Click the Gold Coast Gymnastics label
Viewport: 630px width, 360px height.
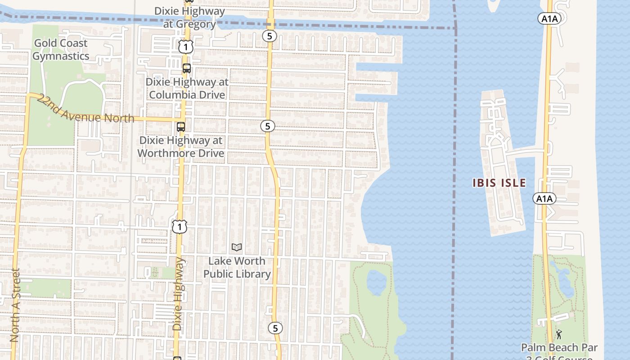point(60,49)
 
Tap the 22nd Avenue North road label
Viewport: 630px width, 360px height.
point(85,109)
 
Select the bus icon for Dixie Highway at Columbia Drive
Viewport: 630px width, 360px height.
point(186,68)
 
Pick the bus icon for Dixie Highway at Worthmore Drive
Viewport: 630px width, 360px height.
point(181,127)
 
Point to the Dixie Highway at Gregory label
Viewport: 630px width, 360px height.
point(189,17)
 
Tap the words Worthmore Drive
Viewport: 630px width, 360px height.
point(180,153)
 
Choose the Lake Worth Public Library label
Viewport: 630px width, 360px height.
point(237,267)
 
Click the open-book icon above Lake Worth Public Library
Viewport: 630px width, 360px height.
point(237,247)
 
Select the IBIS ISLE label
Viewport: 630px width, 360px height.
point(499,183)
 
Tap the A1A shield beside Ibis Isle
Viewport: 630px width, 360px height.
point(544,198)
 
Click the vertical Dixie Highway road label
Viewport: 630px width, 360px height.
point(179,294)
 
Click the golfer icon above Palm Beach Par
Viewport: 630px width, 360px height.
point(559,334)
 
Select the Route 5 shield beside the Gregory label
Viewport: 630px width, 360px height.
point(269,36)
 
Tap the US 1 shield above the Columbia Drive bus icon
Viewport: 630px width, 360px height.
point(185,46)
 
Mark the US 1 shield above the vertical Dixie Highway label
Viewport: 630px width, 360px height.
point(179,227)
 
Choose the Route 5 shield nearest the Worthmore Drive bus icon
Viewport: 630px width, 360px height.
point(268,126)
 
